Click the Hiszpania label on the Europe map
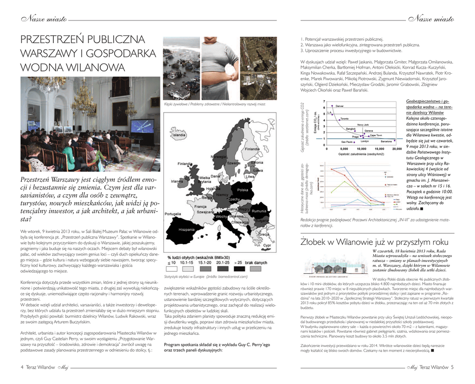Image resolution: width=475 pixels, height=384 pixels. (x=186, y=230)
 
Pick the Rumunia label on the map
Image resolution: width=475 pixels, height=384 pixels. (x=259, y=211)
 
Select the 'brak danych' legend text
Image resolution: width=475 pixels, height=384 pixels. (x=256, y=262)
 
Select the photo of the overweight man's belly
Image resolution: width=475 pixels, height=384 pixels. (x=220, y=68)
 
